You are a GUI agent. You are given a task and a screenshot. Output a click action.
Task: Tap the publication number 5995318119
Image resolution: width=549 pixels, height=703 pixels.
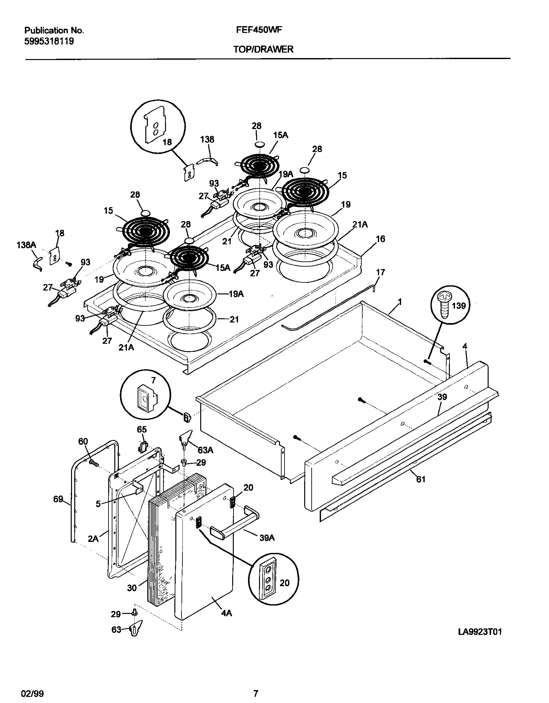click(49, 41)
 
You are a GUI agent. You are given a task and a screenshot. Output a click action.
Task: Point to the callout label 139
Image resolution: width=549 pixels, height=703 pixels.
click(459, 305)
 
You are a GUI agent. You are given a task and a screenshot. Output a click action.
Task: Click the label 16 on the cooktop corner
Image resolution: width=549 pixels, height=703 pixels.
click(380, 239)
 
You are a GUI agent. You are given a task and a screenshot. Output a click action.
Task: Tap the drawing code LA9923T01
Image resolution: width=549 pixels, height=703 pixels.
click(480, 641)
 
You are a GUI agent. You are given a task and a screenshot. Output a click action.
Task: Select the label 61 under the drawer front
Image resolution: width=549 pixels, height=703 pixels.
click(421, 489)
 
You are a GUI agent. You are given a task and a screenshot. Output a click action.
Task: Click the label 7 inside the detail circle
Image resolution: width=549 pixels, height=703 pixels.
click(154, 380)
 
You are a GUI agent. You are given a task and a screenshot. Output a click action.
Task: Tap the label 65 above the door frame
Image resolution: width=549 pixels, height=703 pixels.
click(142, 430)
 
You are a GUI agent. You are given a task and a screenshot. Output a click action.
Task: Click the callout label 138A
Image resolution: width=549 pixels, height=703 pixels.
click(26, 245)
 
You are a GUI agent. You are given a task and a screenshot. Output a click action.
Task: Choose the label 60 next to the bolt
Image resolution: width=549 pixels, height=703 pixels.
click(83, 441)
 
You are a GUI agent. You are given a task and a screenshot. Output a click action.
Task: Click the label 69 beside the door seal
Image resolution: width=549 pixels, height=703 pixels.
click(58, 499)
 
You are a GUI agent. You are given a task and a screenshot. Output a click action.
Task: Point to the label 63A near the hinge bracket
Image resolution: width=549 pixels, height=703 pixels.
click(205, 450)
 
